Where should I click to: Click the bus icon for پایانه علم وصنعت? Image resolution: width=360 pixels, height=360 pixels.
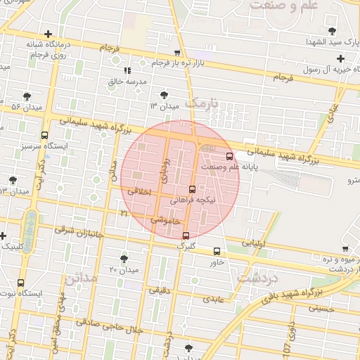point(229,156)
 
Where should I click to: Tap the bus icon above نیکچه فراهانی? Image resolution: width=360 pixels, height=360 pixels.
point(193,188)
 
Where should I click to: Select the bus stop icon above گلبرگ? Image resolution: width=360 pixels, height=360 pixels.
point(186,236)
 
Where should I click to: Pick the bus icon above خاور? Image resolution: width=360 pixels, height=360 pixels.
point(216,251)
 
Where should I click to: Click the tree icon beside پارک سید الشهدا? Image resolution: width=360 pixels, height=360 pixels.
point(333,31)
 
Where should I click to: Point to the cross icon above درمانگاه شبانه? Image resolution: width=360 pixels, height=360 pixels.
point(47,34)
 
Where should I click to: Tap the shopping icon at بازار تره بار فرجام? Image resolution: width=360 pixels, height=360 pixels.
point(177,52)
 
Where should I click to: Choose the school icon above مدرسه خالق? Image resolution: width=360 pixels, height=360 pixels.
point(127,70)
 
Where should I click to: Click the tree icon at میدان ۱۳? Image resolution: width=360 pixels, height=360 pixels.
point(164,94)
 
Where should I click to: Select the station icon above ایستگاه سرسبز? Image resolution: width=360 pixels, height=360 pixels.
point(45,135)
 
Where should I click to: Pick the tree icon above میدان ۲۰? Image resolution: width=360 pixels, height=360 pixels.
point(124,259)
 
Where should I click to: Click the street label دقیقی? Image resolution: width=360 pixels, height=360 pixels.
point(157,289)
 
